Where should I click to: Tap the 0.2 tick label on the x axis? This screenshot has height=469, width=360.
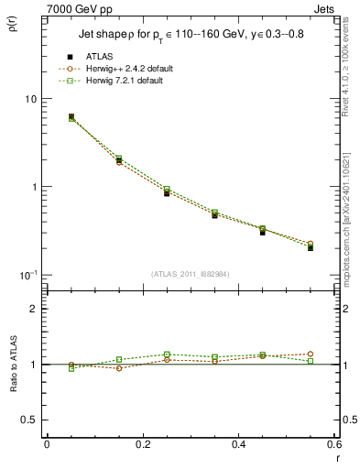142,444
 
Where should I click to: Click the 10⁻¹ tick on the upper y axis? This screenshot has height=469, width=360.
27,275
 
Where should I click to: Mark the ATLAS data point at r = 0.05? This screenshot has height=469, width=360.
71,117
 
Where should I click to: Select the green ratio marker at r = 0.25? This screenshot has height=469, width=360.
167,354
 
